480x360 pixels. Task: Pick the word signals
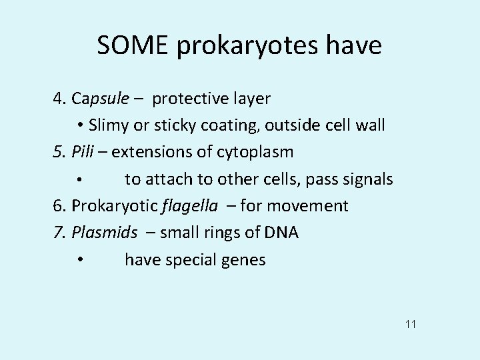tap(367, 180)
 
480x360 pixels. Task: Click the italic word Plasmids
tap(105, 233)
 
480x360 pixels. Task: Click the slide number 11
tap(410, 325)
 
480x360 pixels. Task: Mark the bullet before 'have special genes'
tap(79, 260)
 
